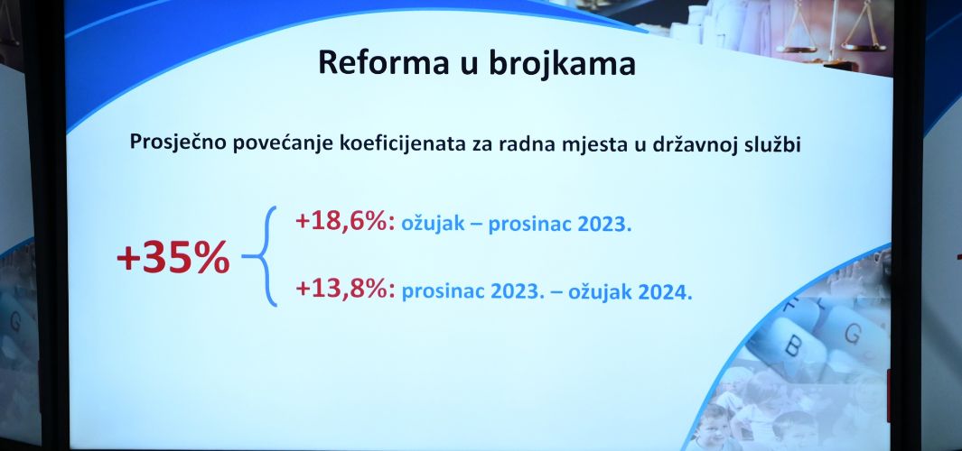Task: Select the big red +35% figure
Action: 173,258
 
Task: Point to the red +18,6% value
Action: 345,221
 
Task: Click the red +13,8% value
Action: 345,288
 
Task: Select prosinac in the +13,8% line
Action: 443,290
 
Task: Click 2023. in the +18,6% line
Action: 605,225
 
